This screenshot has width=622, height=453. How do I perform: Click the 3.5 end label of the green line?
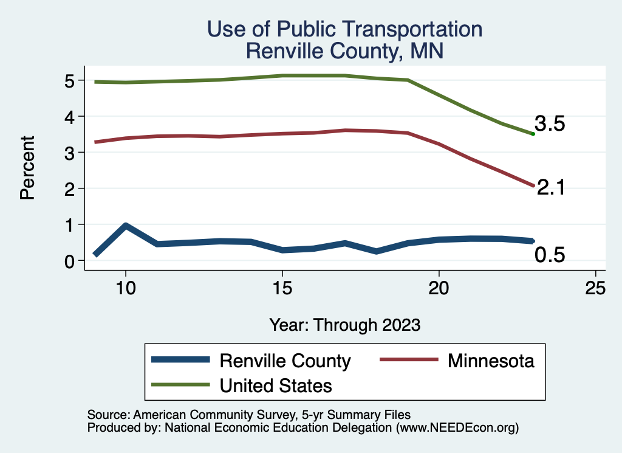click(x=550, y=124)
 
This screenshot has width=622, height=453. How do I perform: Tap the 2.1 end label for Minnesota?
click(x=551, y=188)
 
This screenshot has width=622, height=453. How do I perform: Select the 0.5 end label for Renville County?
click(x=550, y=255)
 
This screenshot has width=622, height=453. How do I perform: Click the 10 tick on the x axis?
click(x=125, y=288)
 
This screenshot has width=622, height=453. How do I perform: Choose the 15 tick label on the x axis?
click(x=282, y=288)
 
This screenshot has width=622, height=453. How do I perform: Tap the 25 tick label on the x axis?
click(x=595, y=288)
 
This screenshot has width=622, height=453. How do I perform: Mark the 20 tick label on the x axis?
click(x=439, y=288)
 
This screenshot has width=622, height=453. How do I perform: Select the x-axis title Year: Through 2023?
click(x=345, y=325)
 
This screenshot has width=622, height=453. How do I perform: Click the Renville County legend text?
click(x=285, y=361)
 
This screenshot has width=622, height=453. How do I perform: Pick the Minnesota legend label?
click(x=491, y=361)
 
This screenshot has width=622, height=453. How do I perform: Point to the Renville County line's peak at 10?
click(x=125, y=226)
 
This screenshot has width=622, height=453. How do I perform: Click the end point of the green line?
click(x=533, y=134)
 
